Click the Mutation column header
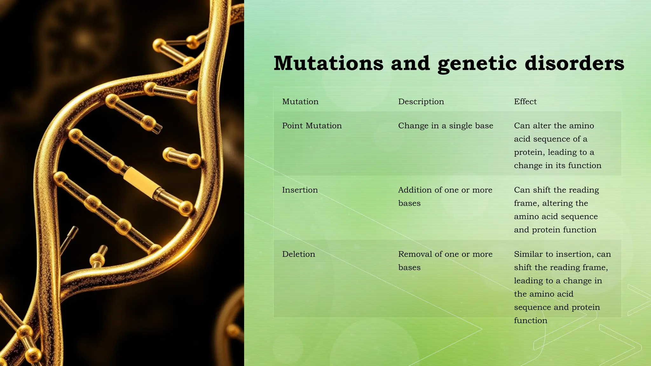(300, 102)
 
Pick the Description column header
(421, 102)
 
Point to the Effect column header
(525, 102)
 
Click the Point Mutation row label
(312, 126)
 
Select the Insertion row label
(300, 190)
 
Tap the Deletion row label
(298, 254)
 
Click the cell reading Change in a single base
(445, 126)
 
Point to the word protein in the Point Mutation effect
(528, 152)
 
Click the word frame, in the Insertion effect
(526, 203)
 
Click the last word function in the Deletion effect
(531, 321)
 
